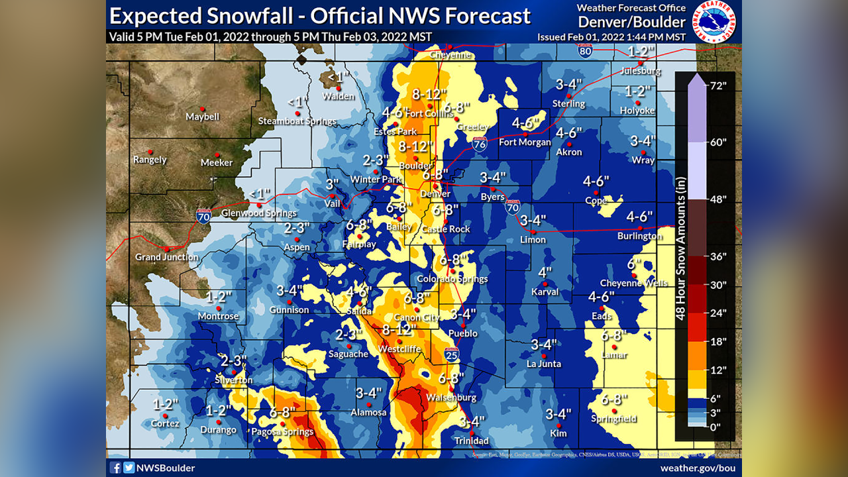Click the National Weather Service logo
click(715, 21)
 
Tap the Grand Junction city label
click(167, 257)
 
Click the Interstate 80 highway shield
click(584, 51)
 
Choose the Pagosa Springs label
click(283, 432)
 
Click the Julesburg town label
click(641, 71)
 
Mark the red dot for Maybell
click(203, 109)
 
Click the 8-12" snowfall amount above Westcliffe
click(399, 329)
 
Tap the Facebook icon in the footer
click(116, 468)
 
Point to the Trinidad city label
click(472, 441)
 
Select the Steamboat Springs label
click(297, 121)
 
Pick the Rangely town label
click(150, 160)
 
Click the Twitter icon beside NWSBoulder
click(129, 468)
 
